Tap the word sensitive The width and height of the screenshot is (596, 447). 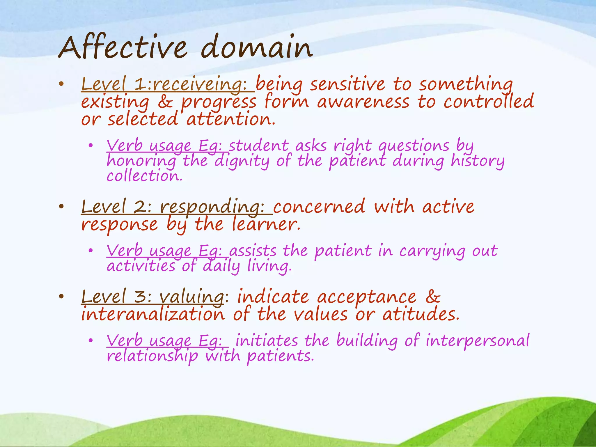[x=347, y=84]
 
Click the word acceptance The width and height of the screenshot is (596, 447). [x=366, y=297]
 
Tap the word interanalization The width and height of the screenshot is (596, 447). [x=153, y=315]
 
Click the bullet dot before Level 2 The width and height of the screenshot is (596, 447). [x=61, y=207]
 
